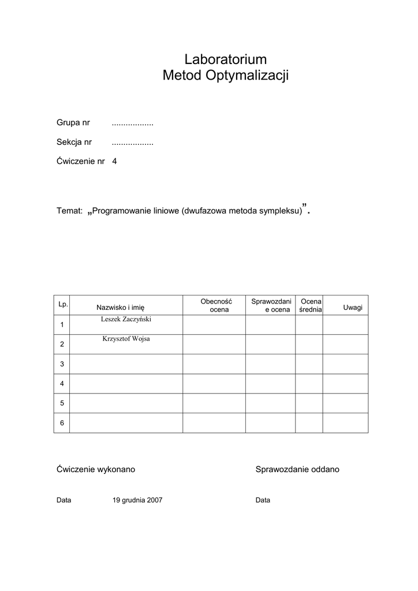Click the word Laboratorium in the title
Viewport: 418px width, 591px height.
tap(225, 59)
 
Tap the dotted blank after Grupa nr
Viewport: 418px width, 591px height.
tap(132, 123)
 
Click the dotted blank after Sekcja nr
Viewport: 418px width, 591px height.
tap(132, 142)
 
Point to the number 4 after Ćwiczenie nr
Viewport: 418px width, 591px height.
tap(114, 162)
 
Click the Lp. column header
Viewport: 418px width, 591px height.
tap(63, 304)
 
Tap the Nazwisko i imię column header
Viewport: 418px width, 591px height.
tap(120, 308)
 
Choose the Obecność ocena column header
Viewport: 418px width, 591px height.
tap(216, 305)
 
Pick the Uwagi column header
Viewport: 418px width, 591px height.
tap(353, 308)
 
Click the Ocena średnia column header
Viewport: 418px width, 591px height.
tap(311, 305)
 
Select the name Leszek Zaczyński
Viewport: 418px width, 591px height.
tap(126, 319)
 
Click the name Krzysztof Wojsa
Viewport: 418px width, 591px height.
tap(126, 339)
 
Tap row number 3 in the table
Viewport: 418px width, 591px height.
tap(62, 364)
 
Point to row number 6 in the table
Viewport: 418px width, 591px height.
tap(62, 423)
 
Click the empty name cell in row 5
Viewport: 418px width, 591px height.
tap(126, 403)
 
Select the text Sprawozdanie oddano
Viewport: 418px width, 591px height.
tap(297, 469)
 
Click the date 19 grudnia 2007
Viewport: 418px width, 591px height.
tap(137, 500)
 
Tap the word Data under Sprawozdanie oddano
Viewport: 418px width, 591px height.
tap(263, 500)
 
